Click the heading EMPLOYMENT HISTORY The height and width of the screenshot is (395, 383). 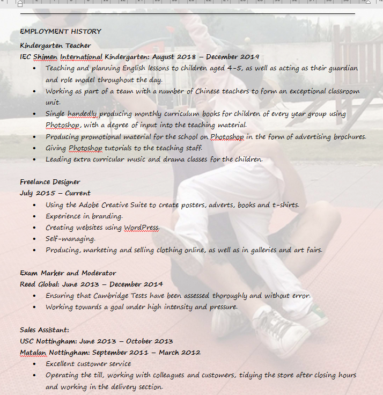coord(61,31)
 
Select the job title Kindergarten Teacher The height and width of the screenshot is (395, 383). coord(55,46)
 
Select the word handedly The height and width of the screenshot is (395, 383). coord(82,114)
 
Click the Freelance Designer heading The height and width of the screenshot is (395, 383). coord(50,182)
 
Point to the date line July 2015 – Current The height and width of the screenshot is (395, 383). coord(55,193)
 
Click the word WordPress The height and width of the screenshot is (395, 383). coord(141,228)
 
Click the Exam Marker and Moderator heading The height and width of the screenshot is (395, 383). coord(68,273)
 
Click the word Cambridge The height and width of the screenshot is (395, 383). coord(116,296)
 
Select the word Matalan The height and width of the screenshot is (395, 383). coord(33,353)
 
